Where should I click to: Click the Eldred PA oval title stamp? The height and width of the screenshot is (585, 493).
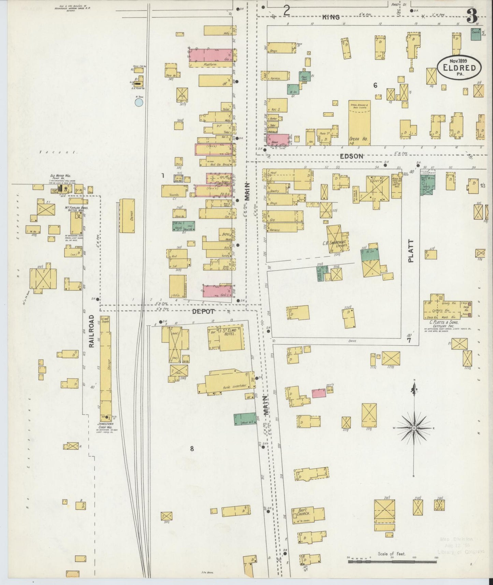[459, 67]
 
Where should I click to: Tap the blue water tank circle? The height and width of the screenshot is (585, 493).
[139, 102]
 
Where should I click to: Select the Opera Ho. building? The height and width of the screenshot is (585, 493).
[359, 123]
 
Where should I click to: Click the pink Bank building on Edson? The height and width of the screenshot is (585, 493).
[279, 140]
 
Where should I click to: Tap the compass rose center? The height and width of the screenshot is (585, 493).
[414, 428]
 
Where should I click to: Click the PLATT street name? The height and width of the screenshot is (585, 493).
[410, 251]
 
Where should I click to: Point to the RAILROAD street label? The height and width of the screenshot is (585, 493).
[91, 331]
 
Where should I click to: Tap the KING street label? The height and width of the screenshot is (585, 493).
[331, 17]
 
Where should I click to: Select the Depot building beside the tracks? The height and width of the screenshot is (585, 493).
[127, 216]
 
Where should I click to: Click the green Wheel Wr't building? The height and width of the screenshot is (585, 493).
[245, 419]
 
